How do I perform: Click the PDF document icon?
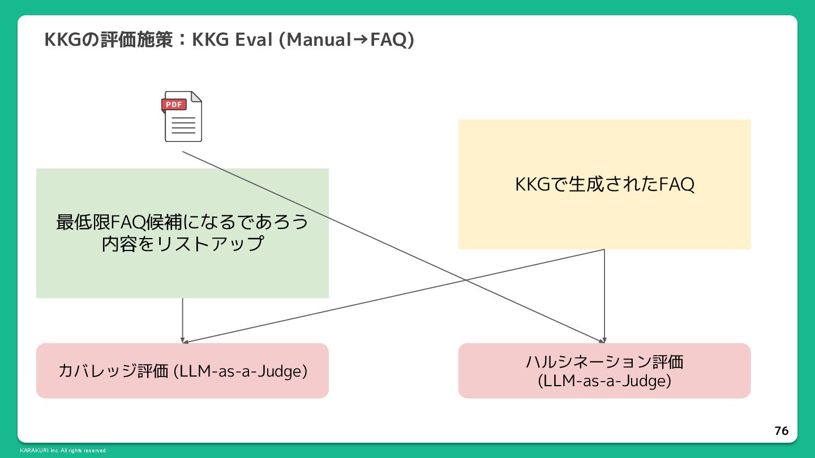[x=183, y=116]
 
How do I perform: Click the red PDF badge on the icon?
[x=174, y=105]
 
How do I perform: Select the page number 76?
[x=781, y=431]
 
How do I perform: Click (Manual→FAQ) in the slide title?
[x=347, y=40]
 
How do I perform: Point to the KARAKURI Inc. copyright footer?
[x=63, y=451]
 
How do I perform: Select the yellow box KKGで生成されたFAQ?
[x=604, y=184]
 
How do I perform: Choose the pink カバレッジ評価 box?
[x=182, y=370]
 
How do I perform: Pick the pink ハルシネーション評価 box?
[x=604, y=370]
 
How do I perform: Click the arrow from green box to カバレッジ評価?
[x=182, y=319]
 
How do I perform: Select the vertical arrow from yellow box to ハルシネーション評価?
[x=604, y=294]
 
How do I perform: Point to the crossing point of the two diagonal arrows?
[x=465, y=280]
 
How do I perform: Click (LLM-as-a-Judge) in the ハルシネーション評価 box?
[x=604, y=381]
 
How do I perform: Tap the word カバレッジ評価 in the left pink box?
[x=113, y=371]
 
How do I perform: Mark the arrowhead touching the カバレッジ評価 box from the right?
[x=186, y=342]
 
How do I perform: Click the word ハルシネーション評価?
[x=604, y=361]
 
